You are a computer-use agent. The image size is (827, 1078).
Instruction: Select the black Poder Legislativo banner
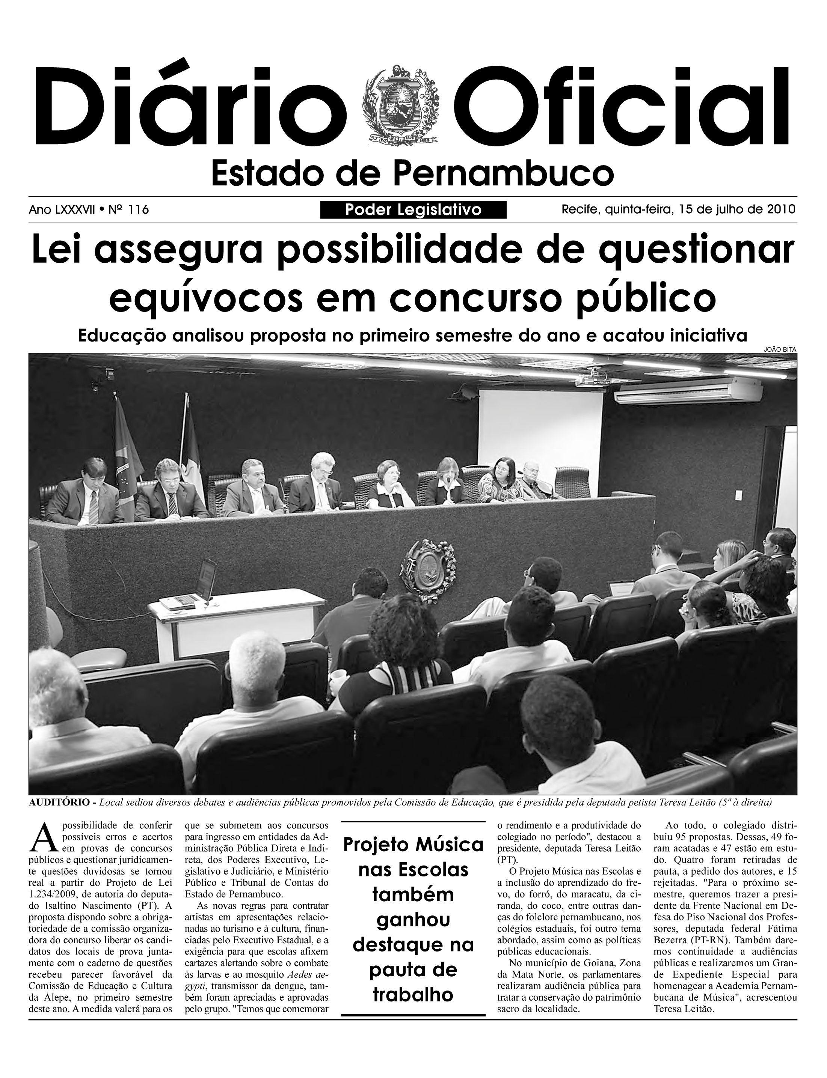(413, 210)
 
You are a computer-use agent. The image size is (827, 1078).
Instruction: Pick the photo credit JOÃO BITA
(780, 349)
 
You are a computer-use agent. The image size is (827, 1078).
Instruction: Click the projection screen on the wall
(540, 433)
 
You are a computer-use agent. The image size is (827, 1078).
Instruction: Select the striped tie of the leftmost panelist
(94, 507)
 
